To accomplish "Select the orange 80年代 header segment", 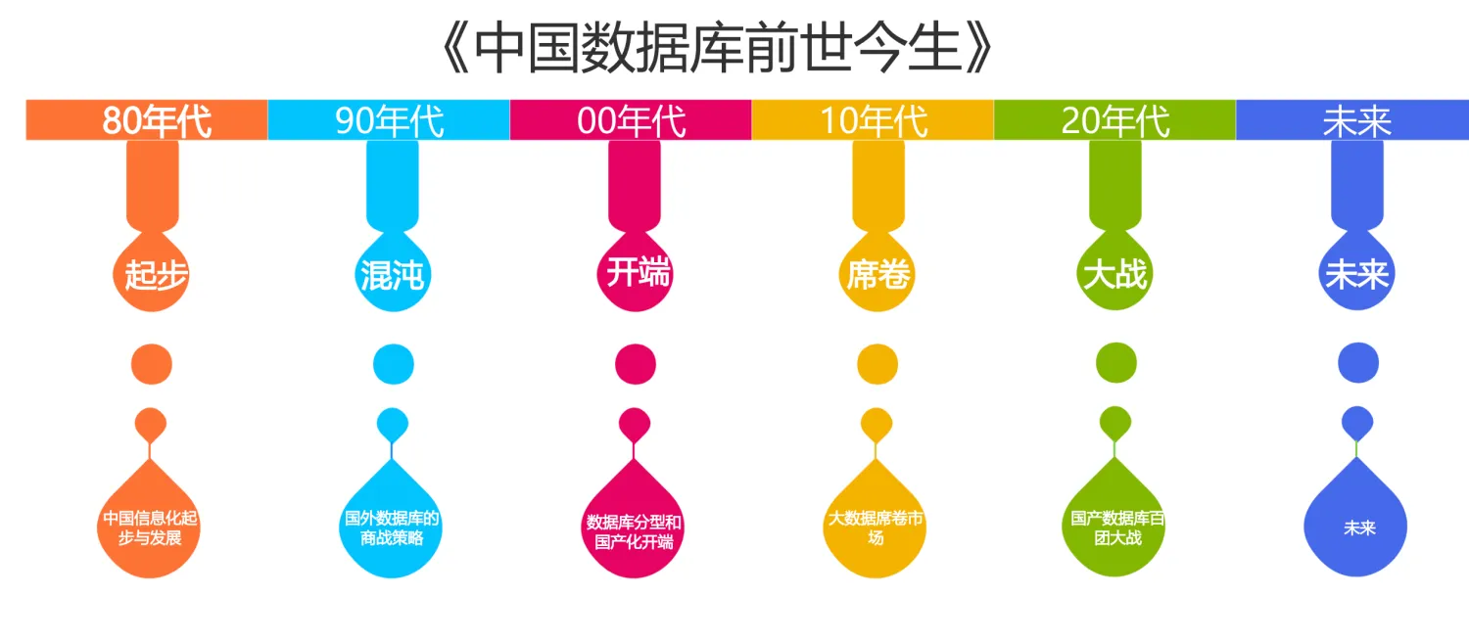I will [147, 120].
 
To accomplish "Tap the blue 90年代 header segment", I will [389, 120].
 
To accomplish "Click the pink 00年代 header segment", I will [631, 120].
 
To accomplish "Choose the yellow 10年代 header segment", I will [873, 120].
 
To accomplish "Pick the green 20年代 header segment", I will [1114, 120].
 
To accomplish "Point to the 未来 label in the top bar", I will [1356, 120].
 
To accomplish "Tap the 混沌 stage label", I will [392, 275].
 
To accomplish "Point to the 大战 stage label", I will [1115, 273].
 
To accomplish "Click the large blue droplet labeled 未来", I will [1358, 527].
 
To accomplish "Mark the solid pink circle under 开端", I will [635, 363].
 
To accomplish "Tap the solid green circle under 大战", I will [1116, 363].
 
